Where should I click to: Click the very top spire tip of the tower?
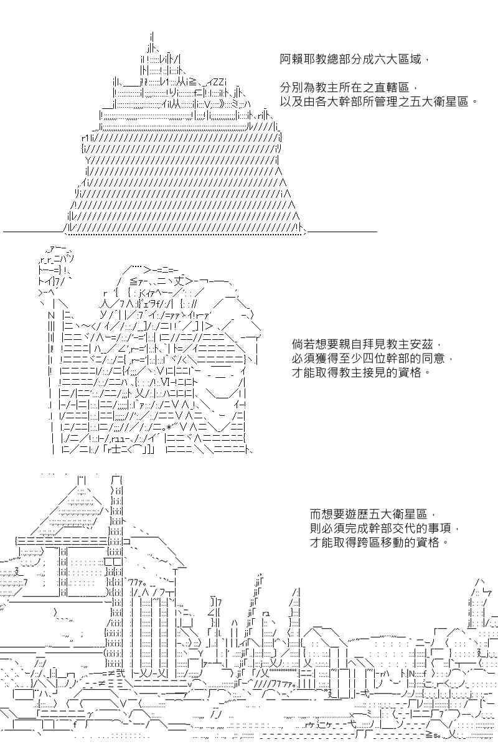click(x=152, y=32)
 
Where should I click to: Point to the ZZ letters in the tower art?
click(x=220, y=82)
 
